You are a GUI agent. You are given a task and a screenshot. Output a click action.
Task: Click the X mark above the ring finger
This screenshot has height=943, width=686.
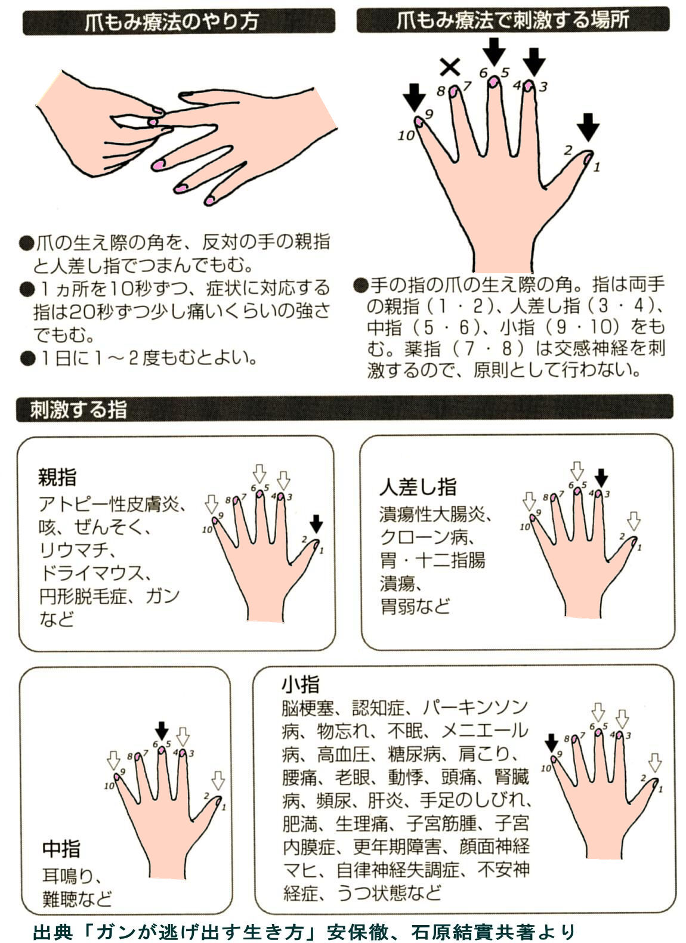[x=449, y=67]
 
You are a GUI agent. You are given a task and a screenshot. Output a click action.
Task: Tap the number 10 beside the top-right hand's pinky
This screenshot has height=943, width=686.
[x=406, y=135]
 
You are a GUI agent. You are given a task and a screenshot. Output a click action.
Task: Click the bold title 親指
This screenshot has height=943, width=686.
[x=57, y=477]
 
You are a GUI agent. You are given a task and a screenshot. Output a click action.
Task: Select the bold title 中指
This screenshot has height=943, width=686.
[x=61, y=848]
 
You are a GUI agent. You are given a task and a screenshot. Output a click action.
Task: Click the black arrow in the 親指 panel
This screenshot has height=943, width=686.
[x=316, y=524]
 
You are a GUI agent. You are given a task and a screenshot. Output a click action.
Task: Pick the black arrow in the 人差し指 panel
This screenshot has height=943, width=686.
[x=602, y=477]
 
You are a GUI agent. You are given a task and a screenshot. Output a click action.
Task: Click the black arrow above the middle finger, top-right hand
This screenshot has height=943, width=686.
[x=494, y=51]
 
